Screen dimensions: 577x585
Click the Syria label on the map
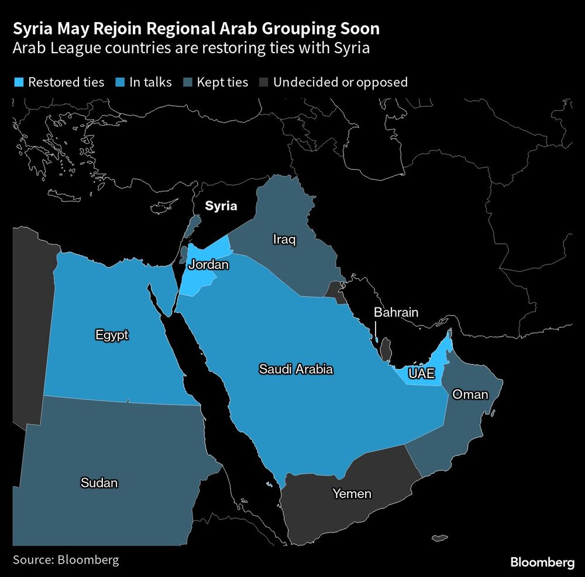[221, 206]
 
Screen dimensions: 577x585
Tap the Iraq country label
[284, 239]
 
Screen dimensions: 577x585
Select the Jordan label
[208, 265]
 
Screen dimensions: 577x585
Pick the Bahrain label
[396, 312]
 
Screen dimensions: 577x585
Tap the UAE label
[422, 374]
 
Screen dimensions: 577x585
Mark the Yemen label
[352, 494]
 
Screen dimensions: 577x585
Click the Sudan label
[99, 483]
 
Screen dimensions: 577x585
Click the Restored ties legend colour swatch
[18, 82]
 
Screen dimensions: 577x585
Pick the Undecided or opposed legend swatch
[263, 82]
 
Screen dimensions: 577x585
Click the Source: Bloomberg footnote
[66, 559]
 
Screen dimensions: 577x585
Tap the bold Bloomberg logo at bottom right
[542, 562]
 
